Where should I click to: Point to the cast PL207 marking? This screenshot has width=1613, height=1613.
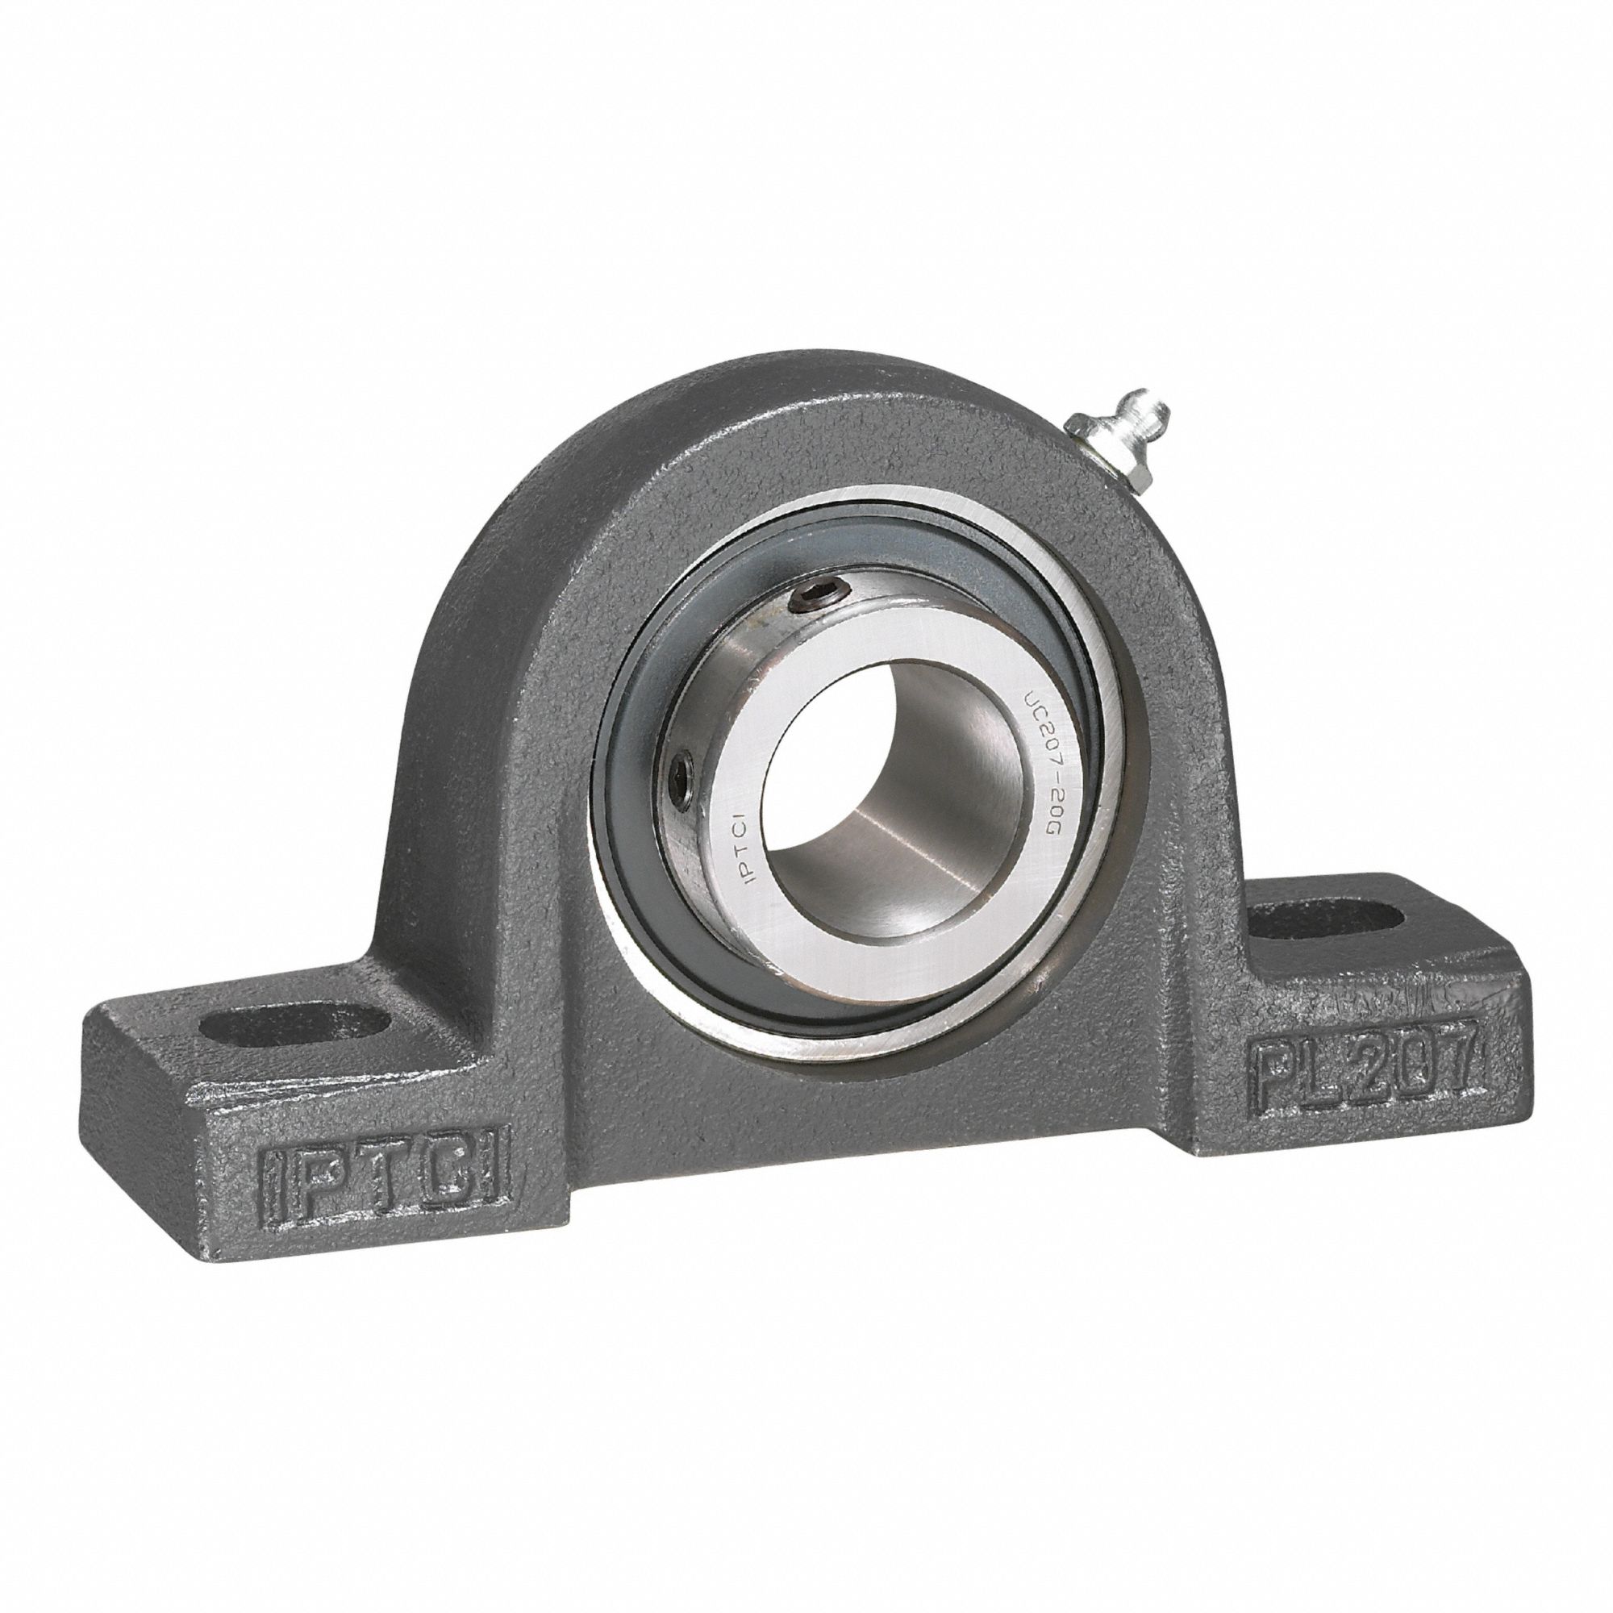click(x=1361, y=1071)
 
